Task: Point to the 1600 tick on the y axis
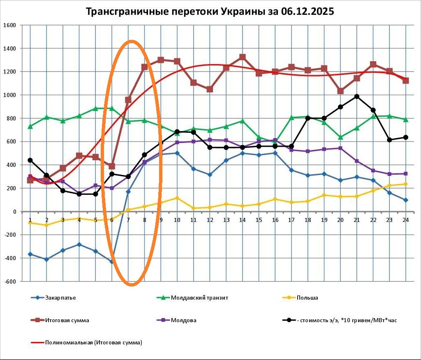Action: (9, 25)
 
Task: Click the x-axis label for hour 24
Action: (405, 220)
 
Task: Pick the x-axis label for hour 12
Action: (210, 220)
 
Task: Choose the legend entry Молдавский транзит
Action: (199, 298)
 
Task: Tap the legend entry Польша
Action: (307, 298)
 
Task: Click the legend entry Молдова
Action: (183, 320)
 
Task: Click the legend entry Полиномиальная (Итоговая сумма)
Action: (93, 342)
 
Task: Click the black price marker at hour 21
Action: (357, 97)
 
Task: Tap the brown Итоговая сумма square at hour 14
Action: (243, 57)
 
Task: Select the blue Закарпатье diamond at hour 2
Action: (46, 259)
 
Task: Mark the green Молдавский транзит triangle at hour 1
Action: (30, 126)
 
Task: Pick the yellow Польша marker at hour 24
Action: (405, 184)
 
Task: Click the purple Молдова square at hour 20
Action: (340, 148)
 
